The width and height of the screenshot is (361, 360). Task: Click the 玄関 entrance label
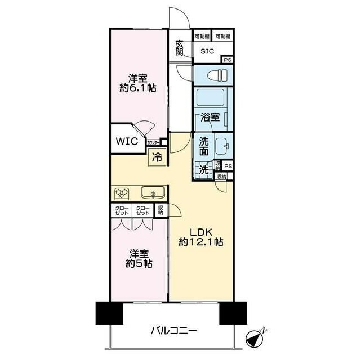179,48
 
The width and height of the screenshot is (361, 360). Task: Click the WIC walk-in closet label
127,141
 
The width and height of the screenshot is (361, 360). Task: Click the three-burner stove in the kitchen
123,193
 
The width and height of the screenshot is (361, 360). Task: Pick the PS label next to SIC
227,60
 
